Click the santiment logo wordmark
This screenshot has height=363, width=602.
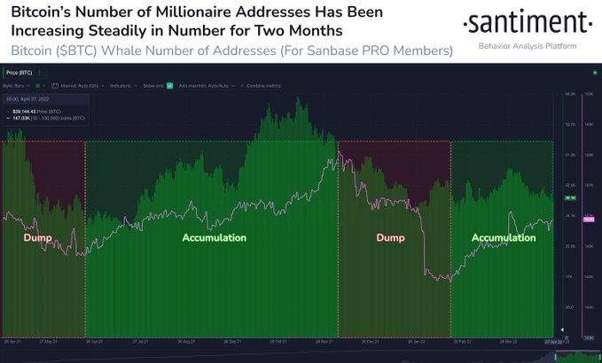[x=528, y=21]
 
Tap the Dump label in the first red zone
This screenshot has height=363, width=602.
[x=37, y=238]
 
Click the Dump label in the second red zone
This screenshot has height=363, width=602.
[x=390, y=238]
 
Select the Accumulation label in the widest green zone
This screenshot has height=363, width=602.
[x=214, y=238]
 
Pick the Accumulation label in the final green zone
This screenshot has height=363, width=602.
[x=503, y=238]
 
